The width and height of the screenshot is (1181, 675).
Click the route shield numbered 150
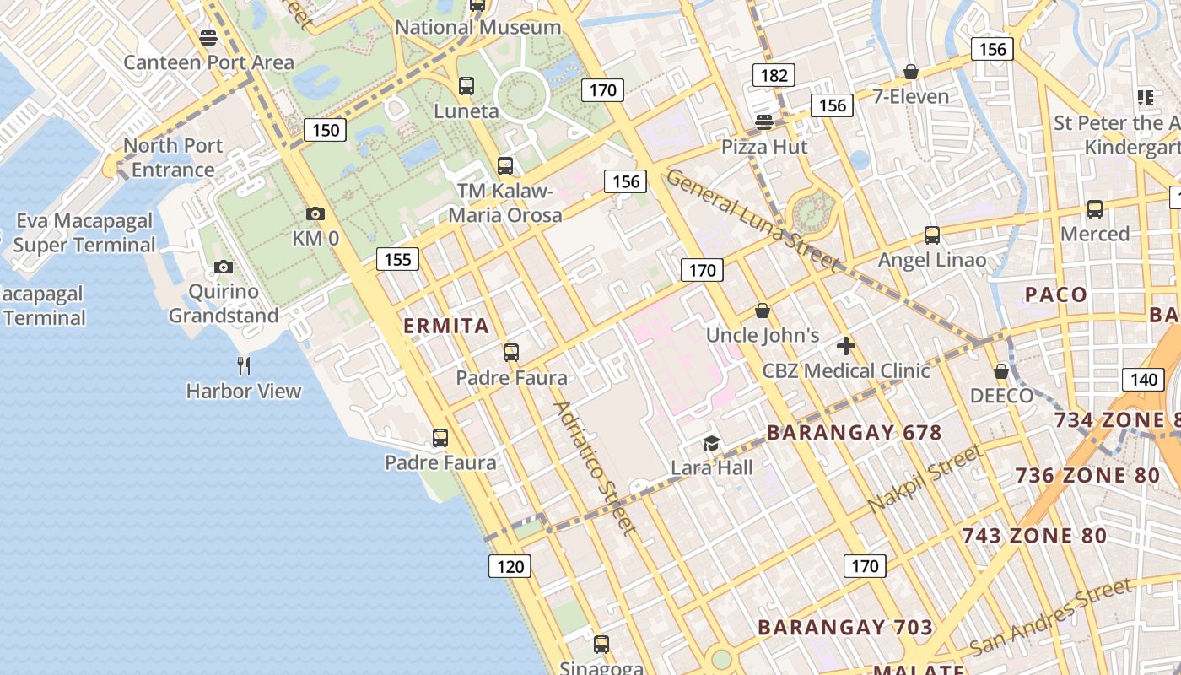[325, 130]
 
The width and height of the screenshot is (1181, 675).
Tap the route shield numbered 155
[397, 259]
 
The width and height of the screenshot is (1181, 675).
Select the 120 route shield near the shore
[510, 566]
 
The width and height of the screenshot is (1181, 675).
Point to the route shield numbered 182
[774, 76]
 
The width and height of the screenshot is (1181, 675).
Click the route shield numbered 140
[1143, 379]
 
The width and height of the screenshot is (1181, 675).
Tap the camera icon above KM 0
[315, 214]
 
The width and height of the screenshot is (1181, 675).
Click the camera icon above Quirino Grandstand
[224, 267]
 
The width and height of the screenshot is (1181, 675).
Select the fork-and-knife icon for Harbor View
[244, 365]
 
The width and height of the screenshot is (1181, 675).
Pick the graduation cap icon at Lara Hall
[712, 444]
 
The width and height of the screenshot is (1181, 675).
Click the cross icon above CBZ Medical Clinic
[846, 346]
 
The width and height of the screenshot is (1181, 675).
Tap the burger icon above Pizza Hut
[764, 122]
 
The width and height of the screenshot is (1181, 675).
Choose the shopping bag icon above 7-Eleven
[911, 72]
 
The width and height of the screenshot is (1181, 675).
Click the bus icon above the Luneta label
[466, 86]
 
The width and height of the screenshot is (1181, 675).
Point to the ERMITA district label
[446, 326]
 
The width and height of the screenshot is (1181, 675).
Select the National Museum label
[477, 27]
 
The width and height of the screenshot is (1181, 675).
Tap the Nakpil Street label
[925, 478]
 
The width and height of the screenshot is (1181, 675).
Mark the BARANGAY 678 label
[854, 433]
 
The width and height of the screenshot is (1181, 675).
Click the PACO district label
[1055, 294]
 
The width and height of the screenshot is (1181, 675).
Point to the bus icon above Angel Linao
[932, 235]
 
